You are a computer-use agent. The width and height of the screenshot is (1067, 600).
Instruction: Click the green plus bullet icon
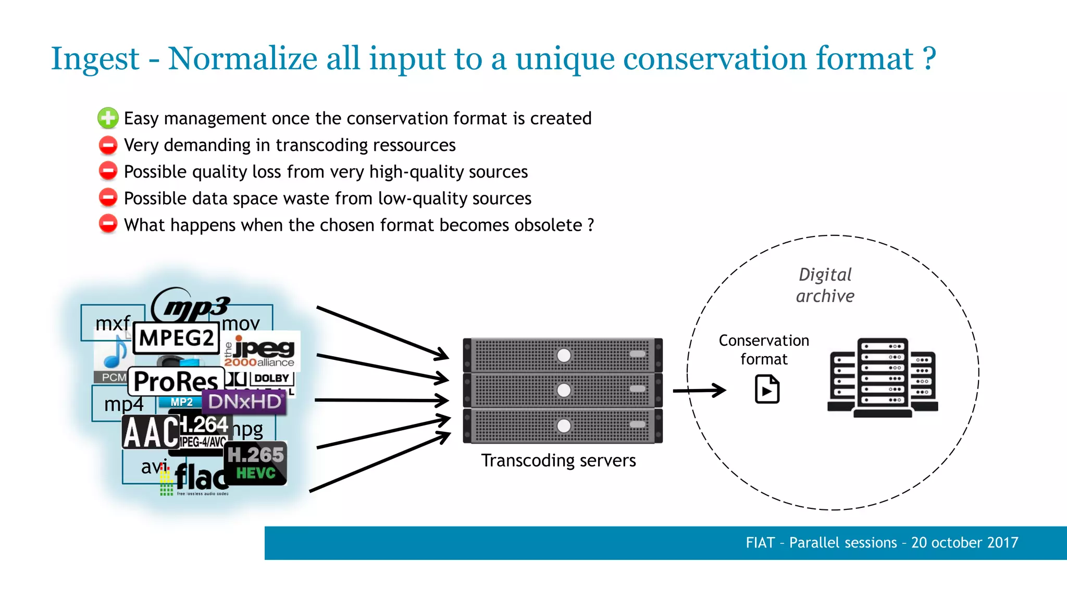point(108,118)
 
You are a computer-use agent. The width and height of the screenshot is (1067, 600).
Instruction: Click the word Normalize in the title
point(242,58)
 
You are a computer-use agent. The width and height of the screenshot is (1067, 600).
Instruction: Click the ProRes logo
point(176,382)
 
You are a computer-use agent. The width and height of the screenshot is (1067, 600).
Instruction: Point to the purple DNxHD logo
point(245,402)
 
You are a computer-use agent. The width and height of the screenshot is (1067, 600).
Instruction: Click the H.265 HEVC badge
point(256,463)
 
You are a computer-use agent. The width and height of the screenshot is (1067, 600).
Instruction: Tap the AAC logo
point(151,432)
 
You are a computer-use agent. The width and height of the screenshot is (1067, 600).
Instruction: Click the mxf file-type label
point(112,323)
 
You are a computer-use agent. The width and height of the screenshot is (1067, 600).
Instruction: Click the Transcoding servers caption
point(558,460)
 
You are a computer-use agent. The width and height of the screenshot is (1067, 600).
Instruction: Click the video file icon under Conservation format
point(767,390)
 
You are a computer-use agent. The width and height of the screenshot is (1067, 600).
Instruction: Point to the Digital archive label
point(825,285)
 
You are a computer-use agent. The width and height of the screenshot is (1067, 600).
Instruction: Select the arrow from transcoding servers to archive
point(699,390)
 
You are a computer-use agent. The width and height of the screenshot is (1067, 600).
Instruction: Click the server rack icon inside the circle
point(882,378)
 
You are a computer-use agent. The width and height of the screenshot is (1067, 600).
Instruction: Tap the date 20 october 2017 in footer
point(964,543)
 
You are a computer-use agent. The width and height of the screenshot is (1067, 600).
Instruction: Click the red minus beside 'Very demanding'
point(108,145)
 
